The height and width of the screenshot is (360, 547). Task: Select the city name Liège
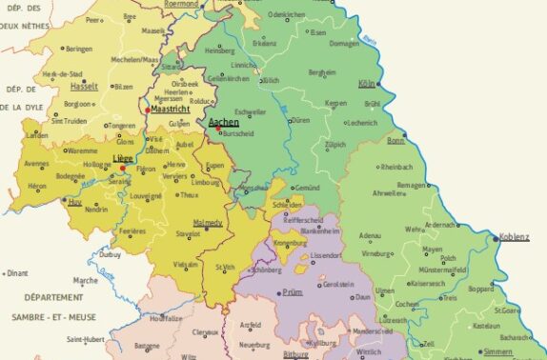pos(122,158)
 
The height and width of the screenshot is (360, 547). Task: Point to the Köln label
pos(367,84)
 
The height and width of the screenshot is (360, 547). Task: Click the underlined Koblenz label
pos(514,236)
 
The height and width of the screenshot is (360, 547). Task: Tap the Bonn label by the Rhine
pos(396,141)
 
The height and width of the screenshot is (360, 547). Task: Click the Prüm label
pos(293,293)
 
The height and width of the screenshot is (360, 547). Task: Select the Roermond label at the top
pos(181,4)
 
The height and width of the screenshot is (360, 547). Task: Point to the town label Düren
pos(302,121)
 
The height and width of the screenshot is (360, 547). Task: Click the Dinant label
pos(16,273)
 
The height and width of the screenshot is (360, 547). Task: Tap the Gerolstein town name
pos(338,284)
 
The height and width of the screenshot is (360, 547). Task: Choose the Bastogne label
pos(147,346)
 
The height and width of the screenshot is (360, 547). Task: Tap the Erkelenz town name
pos(264,44)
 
